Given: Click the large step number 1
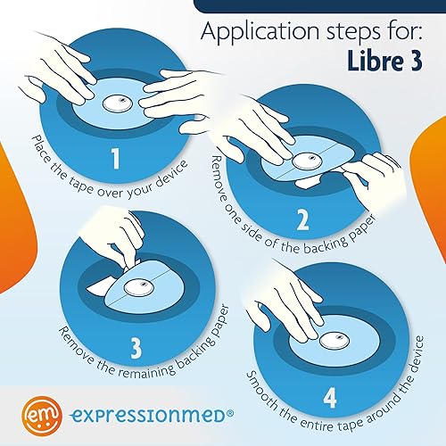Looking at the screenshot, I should [x=115, y=161].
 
